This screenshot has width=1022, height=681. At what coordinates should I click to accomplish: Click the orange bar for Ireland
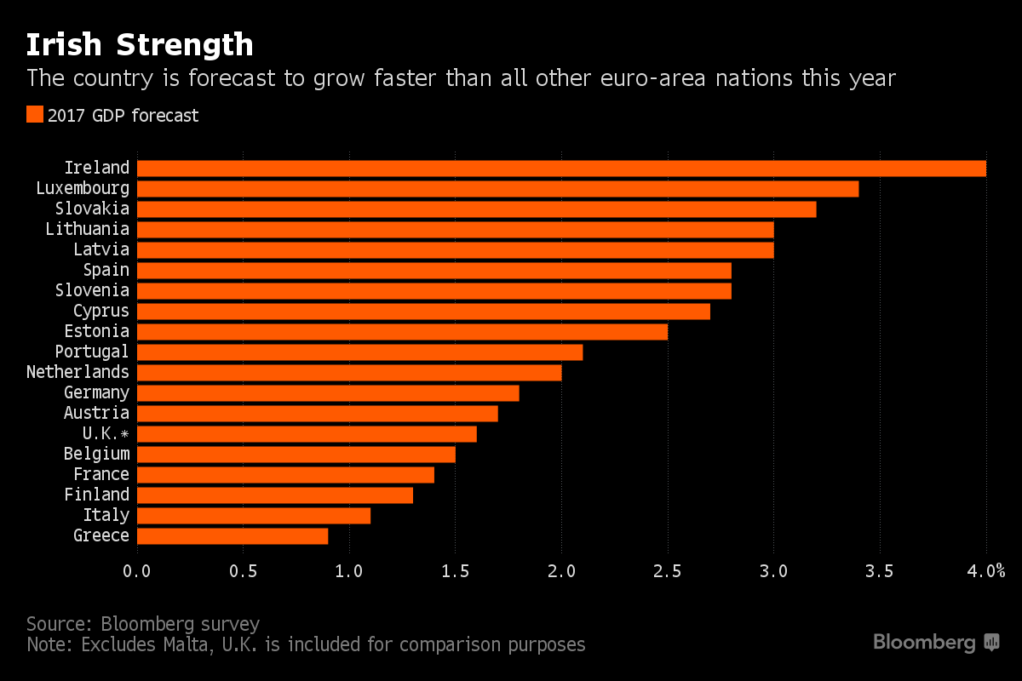(561, 168)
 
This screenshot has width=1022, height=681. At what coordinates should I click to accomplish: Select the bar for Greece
(233, 535)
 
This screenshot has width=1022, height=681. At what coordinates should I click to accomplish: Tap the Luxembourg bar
(497, 188)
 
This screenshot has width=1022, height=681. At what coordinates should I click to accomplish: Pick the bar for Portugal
(359, 352)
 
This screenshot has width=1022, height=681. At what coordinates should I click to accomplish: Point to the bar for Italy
(254, 515)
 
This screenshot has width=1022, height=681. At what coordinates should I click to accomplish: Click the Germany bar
(328, 392)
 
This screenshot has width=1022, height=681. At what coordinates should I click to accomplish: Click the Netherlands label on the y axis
(78, 372)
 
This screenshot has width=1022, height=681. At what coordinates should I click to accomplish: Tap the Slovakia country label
(92, 209)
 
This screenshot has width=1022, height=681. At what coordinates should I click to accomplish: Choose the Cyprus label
(100, 311)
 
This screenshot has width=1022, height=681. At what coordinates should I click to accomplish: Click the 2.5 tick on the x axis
(668, 571)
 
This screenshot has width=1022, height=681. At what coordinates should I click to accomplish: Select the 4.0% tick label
(986, 571)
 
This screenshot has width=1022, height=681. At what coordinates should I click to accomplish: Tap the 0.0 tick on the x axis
(137, 571)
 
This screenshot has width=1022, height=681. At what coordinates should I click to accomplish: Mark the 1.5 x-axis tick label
(455, 571)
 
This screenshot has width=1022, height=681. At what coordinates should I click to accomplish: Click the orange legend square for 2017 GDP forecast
(34, 115)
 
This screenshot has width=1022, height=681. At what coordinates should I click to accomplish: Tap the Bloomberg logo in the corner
(935, 643)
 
